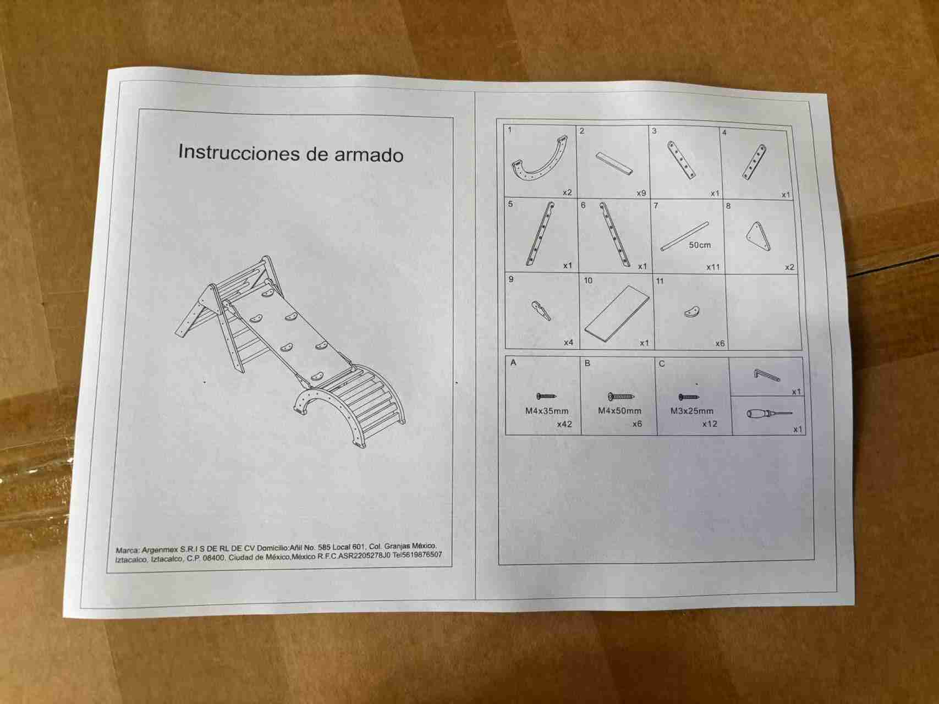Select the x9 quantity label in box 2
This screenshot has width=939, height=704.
tap(641, 193)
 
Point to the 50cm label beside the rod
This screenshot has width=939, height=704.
tap(700, 245)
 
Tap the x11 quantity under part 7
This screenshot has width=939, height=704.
tap(713, 267)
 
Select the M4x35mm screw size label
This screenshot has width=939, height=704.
tap(547, 411)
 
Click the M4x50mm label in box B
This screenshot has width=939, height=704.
tap(619, 411)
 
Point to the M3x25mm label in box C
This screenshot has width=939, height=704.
tap(692, 411)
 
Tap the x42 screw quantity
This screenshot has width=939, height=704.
tap(564, 424)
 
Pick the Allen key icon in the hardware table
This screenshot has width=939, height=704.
tap(767, 375)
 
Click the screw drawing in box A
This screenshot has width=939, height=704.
tap(546, 396)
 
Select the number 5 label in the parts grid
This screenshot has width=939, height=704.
tap(510, 204)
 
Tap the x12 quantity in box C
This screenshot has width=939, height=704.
tap(710, 424)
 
